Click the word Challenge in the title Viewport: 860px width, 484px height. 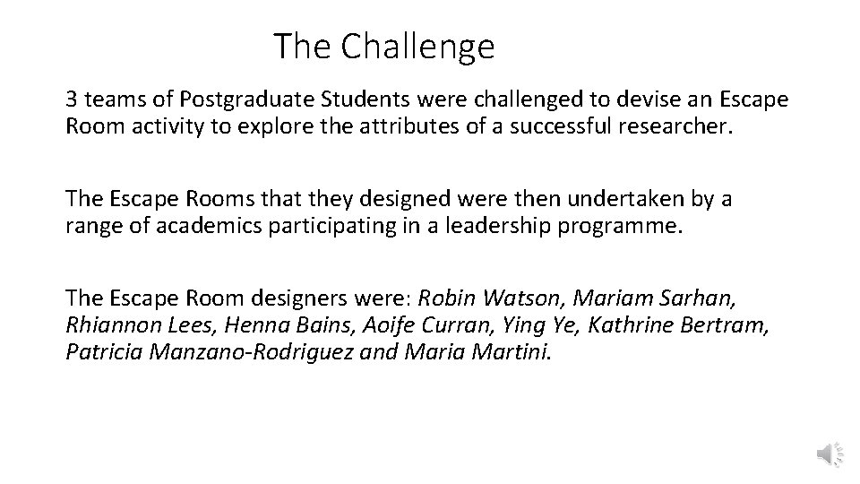[419, 47]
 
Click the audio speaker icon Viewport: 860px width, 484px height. [829, 455]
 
